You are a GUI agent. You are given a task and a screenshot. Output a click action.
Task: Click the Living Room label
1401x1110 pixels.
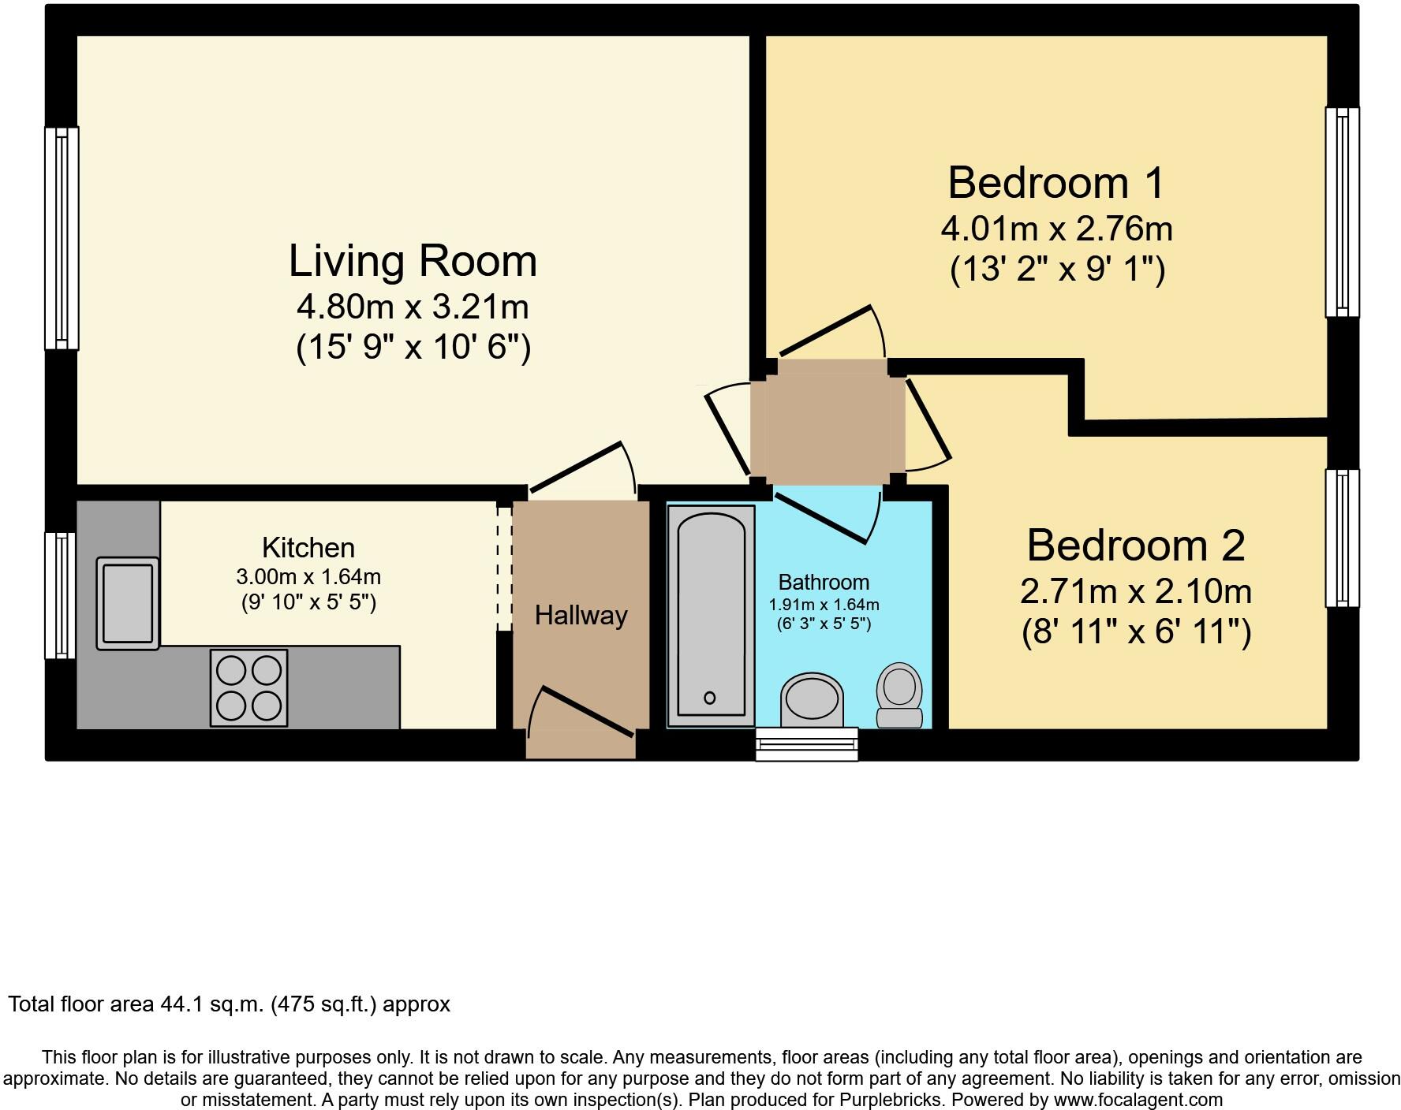tap(413, 261)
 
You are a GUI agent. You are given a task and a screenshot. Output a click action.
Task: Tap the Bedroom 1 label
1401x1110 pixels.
tap(1055, 183)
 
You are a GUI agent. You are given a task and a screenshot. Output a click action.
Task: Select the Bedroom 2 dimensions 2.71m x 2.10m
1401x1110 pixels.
tap(1136, 591)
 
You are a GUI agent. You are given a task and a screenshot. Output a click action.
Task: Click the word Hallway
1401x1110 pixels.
tap(581, 616)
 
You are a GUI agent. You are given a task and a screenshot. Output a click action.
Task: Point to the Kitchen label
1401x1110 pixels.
tap(308, 547)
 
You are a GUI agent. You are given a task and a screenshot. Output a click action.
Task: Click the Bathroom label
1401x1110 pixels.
tap(824, 582)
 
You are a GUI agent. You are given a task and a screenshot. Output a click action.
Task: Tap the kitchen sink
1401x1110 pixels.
tap(127, 603)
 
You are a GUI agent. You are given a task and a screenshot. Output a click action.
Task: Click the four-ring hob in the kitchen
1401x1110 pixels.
tap(248, 687)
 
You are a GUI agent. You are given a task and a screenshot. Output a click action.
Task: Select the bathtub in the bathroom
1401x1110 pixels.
tap(710, 616)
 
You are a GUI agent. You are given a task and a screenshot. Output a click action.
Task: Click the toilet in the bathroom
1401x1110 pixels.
tap(899, 695)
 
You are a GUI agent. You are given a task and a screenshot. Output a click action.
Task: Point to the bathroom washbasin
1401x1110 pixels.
tap(811, 698)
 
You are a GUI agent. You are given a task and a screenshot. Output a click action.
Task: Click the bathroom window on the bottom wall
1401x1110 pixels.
tap(806, 743)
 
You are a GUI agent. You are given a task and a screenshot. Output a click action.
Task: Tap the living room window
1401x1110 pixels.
tap(61, 237)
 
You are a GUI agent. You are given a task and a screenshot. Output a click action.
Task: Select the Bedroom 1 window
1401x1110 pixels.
tap(1342, 212)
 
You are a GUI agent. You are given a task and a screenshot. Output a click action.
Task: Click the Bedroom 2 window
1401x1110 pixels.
tap(1342, 538)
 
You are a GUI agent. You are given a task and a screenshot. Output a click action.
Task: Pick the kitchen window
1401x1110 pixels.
tap(60, 595)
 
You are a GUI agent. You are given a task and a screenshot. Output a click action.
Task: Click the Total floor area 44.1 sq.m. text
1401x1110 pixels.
tap(229, 1004)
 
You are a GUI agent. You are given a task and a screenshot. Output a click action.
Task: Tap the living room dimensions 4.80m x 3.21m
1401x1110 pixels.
tap(413, 307)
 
